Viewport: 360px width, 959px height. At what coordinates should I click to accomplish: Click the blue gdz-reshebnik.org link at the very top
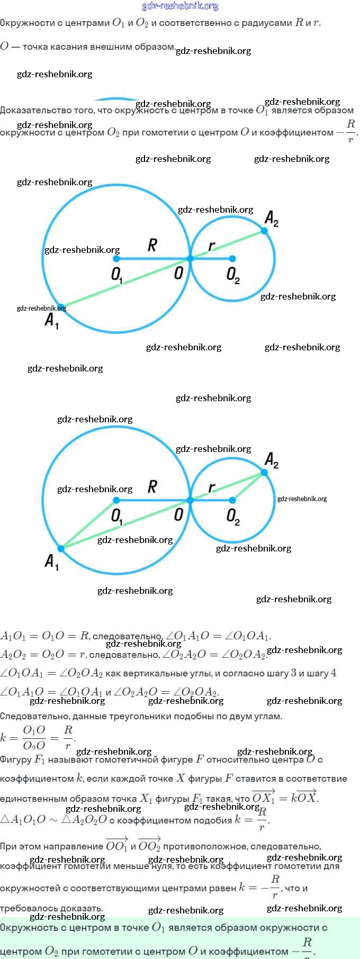180,6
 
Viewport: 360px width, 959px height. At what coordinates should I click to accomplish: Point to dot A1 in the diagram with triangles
61,548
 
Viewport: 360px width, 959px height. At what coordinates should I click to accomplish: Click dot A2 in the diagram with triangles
264,472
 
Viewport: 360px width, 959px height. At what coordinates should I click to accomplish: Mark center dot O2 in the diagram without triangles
232,259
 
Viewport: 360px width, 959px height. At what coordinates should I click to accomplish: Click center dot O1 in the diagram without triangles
116,259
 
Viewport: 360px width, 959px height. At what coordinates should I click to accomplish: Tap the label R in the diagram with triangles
152,486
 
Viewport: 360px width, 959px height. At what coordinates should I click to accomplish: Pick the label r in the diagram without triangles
212,246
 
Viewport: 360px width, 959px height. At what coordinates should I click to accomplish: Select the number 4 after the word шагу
334,673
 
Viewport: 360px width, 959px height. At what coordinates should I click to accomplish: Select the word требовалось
25,908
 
